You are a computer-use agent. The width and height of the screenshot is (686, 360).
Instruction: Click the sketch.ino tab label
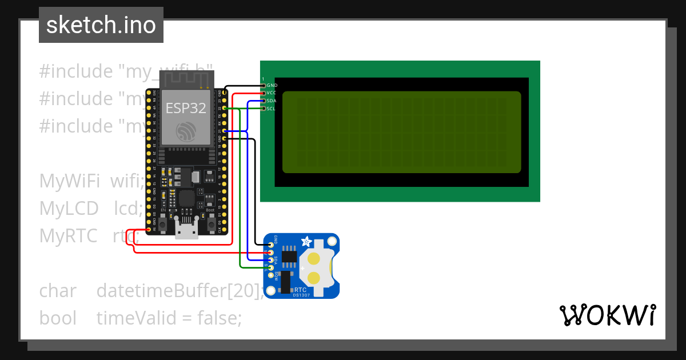pyautogui.click(x=101, y=25)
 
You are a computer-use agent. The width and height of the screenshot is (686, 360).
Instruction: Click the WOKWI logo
pyautogui.click(x=607, y=315)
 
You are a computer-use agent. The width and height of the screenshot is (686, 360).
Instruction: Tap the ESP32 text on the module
pyautogui.click(x=186, y=109)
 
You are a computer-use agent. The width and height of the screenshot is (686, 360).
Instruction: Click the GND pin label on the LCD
pyautogui.click(x=272, y=85)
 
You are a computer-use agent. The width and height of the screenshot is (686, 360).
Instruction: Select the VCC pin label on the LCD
pyautogui.click(x=272, y=93)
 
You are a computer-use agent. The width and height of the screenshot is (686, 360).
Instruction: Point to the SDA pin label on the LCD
pyautogui.click(x=272, y=101)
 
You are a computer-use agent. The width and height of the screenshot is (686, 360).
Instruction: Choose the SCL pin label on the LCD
pyautogui.click(x=272, y=109)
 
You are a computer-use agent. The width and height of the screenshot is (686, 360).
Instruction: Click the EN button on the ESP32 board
pyautogui.click(x=162, y=224)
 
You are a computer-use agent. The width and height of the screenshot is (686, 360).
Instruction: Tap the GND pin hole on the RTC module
pyautogui.click(x=272, y=244)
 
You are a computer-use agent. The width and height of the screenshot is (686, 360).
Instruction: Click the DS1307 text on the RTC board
pyautogui.click(x=301, y=295)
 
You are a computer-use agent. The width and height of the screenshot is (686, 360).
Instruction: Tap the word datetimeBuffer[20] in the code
pyautogui.click(x=180, y=291)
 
